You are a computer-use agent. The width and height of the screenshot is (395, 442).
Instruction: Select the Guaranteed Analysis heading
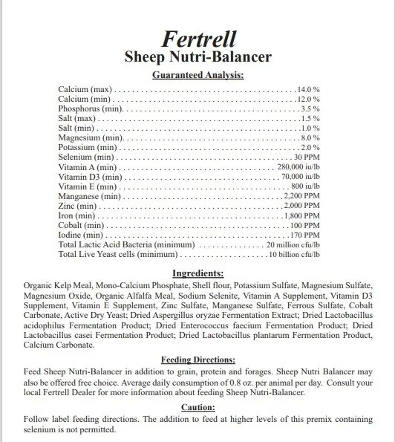(197, 75)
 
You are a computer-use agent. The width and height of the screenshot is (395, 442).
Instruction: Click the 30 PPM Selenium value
(307, 157)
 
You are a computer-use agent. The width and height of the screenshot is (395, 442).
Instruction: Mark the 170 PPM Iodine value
(305, 234)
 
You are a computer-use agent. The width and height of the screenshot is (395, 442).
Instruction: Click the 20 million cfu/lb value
(293, 244)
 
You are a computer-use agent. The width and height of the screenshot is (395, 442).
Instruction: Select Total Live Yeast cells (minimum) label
(118, 253)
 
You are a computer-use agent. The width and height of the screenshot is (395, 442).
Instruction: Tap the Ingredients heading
(197, 273)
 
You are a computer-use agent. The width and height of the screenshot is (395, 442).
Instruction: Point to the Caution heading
(197, 407)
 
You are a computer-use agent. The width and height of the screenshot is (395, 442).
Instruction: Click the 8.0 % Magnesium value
(310, 137)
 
